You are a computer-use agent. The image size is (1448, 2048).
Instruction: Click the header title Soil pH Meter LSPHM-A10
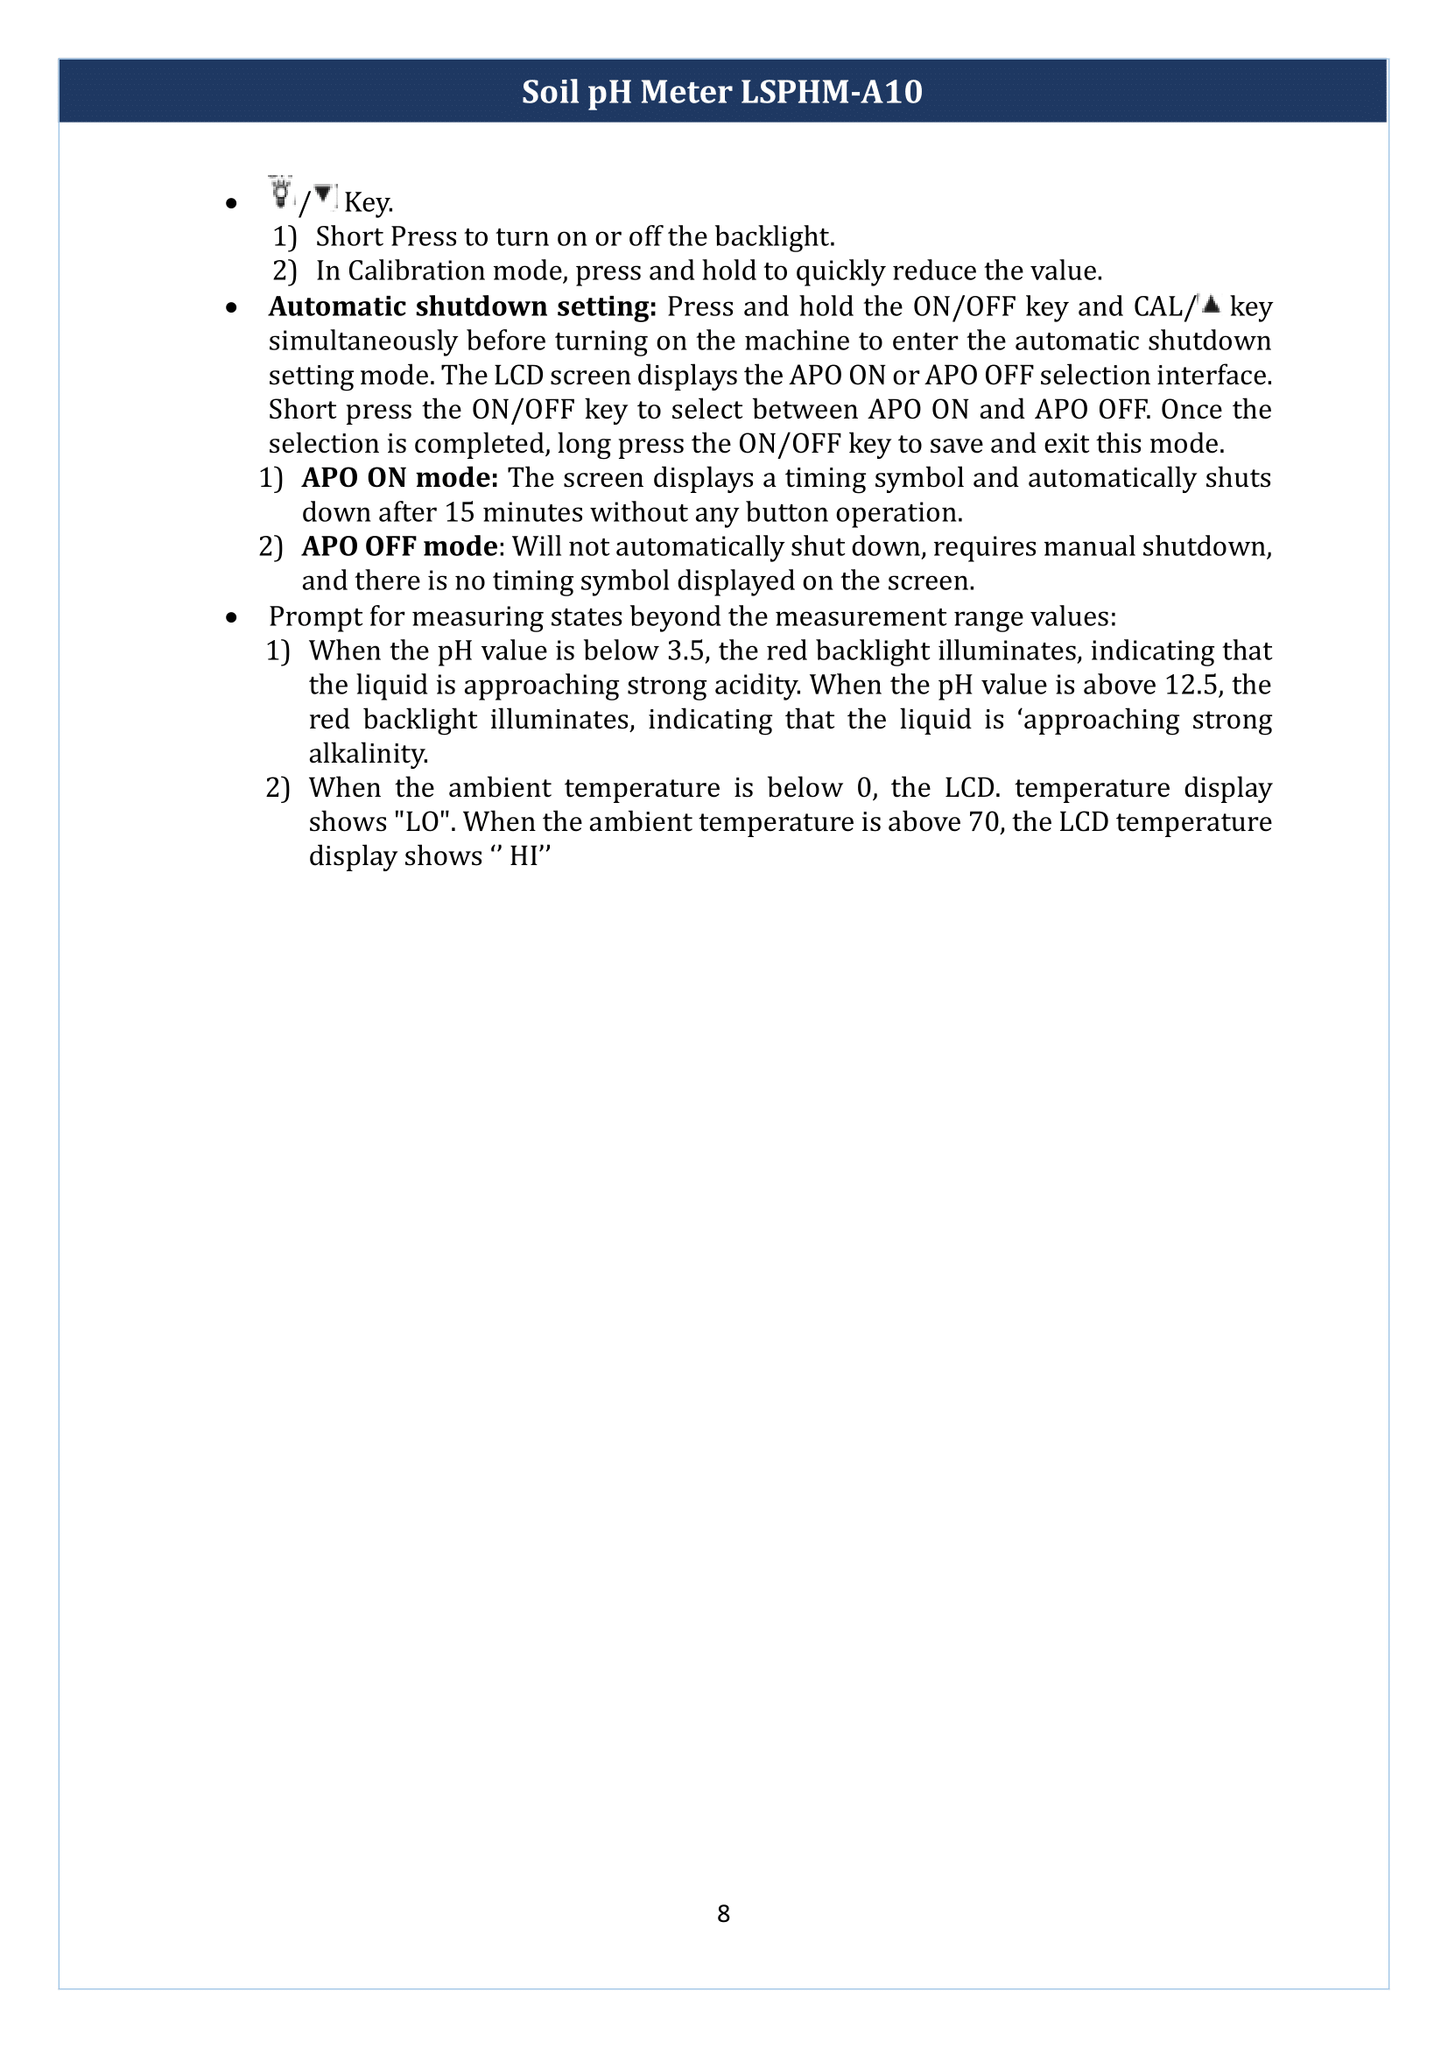click(722, 92)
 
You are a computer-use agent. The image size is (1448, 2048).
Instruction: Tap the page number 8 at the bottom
click(723, 1913)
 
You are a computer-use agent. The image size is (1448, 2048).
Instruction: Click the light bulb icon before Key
click(281, 194)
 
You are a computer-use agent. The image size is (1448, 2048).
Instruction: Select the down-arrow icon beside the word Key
click(323, 194)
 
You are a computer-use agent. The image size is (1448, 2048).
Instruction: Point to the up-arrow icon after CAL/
click(1210, 304)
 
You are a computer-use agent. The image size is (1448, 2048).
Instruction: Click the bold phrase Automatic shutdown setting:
click(462, 306)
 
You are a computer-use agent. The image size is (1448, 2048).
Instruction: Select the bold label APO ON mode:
click(399, 478)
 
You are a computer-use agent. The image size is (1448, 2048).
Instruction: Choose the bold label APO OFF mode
click(399, 546)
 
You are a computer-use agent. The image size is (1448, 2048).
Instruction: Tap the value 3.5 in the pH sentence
click(685, 651)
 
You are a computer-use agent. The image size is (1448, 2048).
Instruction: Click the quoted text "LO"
click(420, 822)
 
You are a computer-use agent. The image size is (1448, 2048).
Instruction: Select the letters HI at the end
click(524, 857)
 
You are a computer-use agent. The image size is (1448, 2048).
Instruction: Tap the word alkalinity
click(368, 755)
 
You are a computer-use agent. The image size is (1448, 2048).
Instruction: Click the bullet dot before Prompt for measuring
click(232, 617)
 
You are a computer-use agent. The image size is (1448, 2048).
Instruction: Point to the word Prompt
click(312, 617)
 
